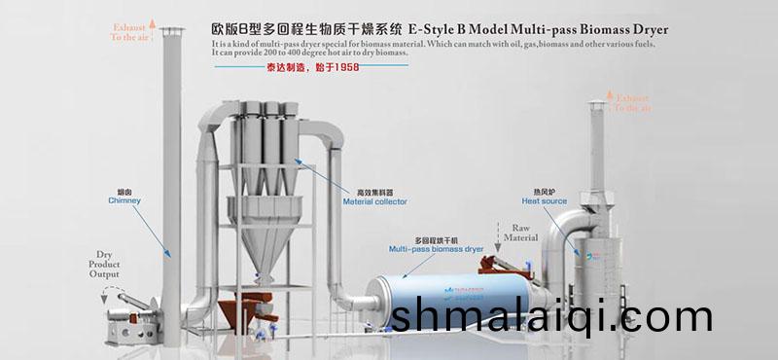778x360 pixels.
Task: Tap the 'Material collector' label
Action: (374, 201)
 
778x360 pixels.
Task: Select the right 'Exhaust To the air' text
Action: (634, 103)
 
